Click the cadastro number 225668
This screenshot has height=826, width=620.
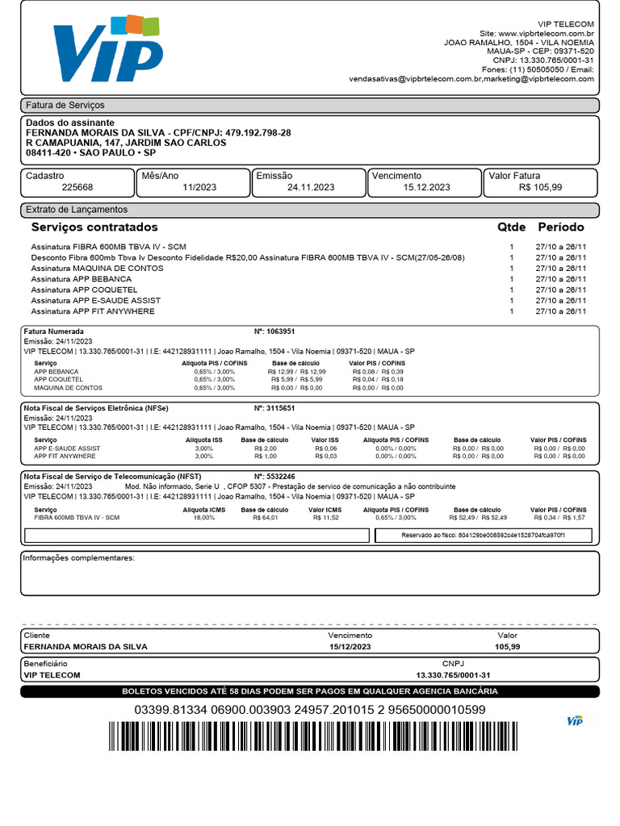click(77, 187)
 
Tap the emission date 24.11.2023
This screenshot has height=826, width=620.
click(310, 187)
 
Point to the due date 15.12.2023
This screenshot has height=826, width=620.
click(426, 187)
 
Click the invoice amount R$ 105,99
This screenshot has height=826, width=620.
click(540, 187)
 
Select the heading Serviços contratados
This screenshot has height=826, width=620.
click(94, 227)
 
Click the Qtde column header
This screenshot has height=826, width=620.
click(511, 227)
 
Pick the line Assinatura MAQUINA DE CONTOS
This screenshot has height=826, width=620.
click(97, 268)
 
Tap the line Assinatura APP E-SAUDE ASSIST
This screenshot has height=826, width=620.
click(95, 300)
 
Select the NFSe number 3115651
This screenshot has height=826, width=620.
click(281, 408)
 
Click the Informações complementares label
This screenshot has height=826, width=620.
click(78, 558)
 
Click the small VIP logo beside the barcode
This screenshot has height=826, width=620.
click(575, 720)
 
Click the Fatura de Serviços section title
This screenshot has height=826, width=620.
click(65, 106)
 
